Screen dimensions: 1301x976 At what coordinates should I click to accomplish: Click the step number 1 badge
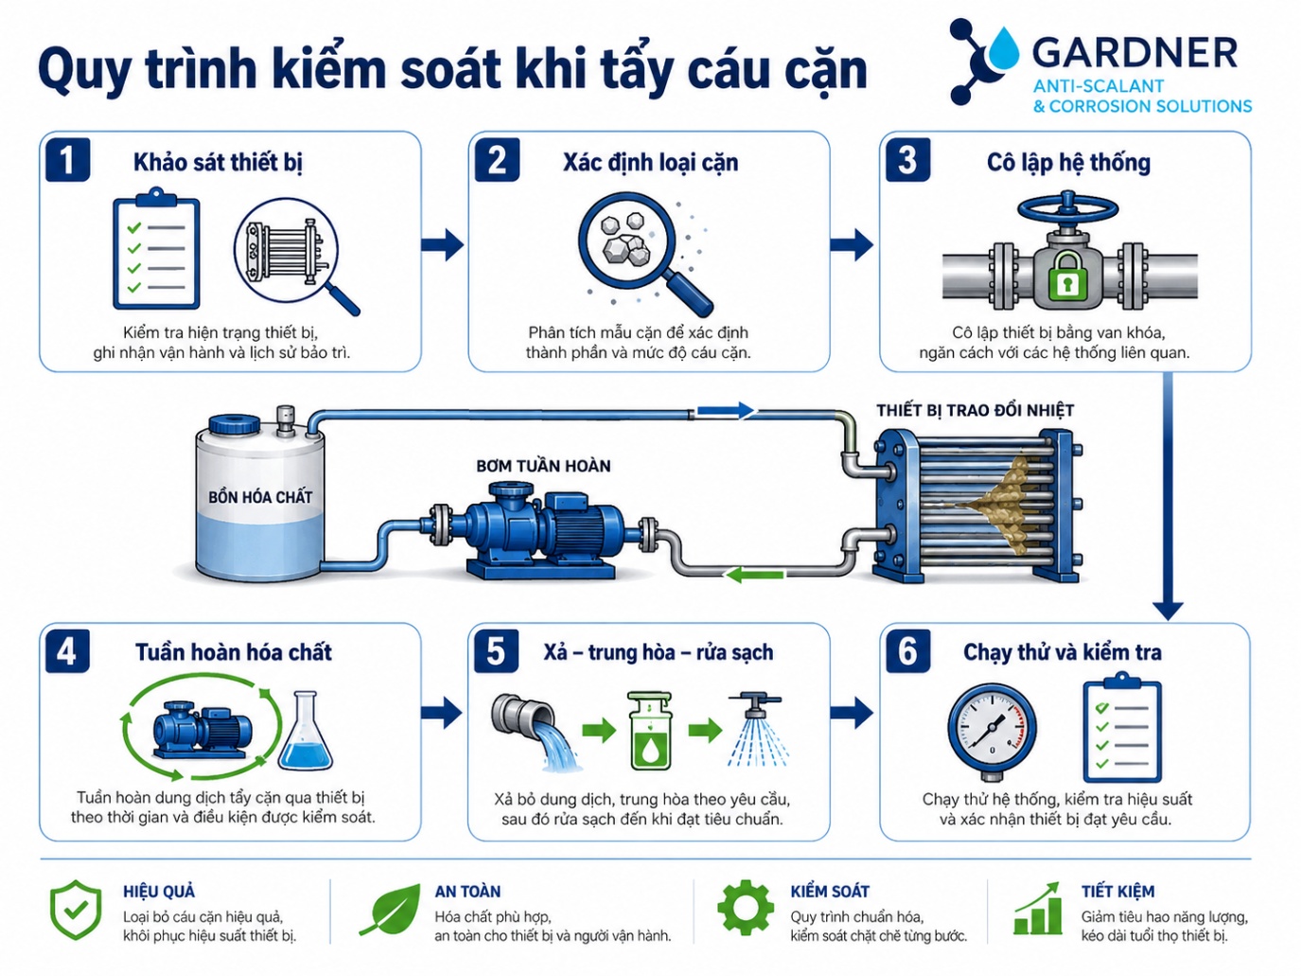(67, 160)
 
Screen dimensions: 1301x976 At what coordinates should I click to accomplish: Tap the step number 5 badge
(496, 651)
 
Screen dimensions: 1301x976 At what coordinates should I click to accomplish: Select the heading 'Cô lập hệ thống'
(1068, 163)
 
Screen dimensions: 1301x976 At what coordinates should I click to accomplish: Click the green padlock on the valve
(1068, 277)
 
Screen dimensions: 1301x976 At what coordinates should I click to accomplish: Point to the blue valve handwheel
(1068, 208)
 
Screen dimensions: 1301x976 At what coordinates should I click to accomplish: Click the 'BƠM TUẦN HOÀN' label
(543, 466)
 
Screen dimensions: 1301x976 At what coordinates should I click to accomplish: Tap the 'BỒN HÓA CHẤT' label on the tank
(260, 497)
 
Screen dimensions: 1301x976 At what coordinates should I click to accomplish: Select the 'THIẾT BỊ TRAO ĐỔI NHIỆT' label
(975, 410)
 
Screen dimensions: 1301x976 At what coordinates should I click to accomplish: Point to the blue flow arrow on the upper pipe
(725, 410)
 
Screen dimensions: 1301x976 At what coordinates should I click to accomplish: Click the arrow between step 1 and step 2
(442, 244)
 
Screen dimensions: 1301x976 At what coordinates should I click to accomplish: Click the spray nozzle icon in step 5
(758, 733)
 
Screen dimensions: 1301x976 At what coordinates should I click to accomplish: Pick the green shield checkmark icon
(76, 909)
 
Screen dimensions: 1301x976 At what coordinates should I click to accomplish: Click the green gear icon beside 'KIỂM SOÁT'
(746, 908)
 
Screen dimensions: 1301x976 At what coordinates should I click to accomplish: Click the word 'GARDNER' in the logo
(1135, 53)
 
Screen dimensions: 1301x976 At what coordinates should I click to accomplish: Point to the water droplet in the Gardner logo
(1002, 46)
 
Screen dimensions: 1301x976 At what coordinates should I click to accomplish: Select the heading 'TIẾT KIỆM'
(1117, 891)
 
